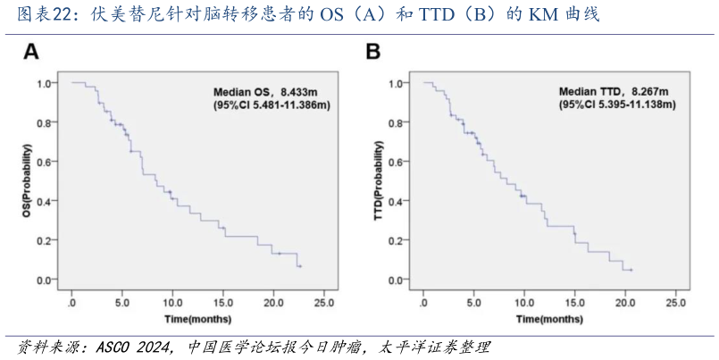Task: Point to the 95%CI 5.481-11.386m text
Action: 272,105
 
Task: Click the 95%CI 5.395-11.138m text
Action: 617,105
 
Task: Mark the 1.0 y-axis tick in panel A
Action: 45,83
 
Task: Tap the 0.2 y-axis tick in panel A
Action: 45,240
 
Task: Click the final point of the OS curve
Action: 300,266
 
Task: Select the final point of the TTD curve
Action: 631,270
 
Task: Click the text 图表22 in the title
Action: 34,14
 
